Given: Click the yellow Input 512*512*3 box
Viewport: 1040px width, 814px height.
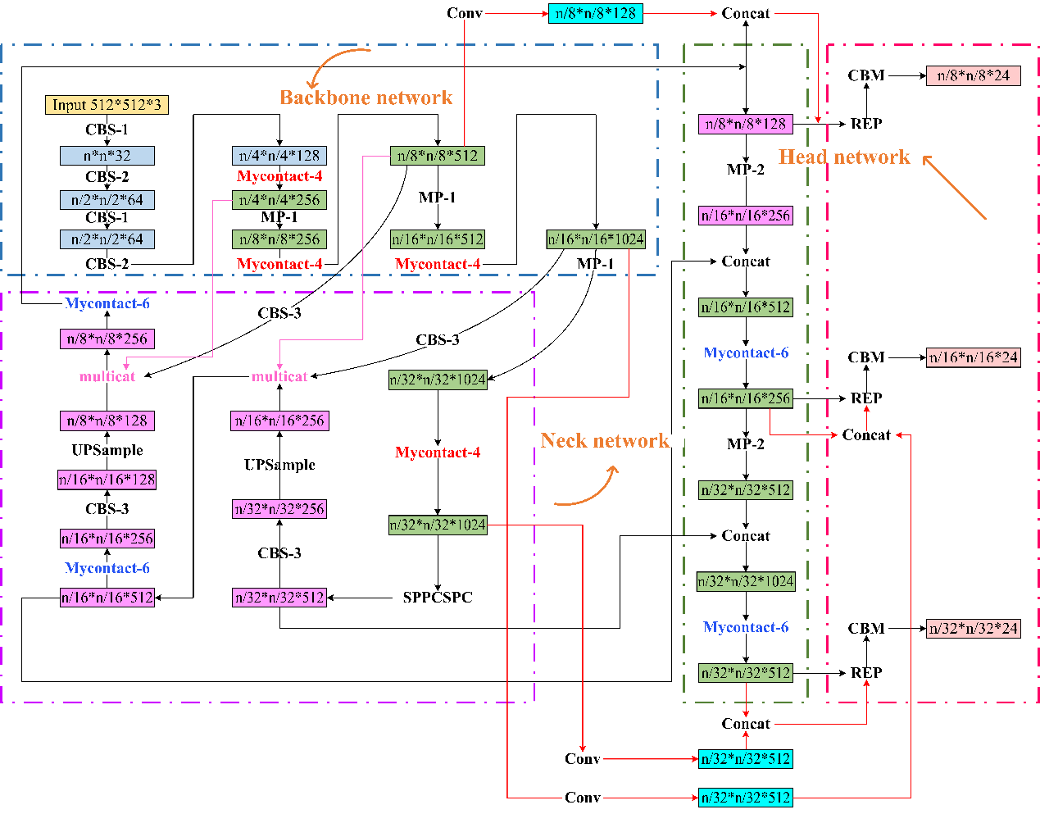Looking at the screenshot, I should (107, 105).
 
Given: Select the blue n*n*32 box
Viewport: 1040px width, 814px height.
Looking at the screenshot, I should (107, 156).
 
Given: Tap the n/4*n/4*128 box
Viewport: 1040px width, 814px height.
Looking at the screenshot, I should (279, 156).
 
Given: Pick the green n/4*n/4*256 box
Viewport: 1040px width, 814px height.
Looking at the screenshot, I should (279, 200).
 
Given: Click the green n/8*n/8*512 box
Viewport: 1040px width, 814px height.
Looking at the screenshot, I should (438, 156).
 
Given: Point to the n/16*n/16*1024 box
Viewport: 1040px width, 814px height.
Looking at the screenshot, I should (596, 239).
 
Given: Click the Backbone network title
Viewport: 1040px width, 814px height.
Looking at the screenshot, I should (366, 98).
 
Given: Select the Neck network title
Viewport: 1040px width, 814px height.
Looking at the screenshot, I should (605, 441).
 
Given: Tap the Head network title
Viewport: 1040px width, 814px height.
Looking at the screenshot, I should (844, 157).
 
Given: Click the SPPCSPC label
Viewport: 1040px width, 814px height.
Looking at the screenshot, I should (438, 598).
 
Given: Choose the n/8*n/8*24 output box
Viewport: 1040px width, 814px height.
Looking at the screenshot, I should (974, 75).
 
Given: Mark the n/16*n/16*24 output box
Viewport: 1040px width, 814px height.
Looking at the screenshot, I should (974, 357).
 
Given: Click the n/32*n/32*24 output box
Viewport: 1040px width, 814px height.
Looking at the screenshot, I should (974, 629).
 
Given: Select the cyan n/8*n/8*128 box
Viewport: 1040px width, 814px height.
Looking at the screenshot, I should (596, 13).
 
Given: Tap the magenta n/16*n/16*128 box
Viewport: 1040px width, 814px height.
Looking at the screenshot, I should (107, 480).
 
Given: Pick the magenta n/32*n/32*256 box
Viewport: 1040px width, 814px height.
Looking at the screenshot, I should (279, 509).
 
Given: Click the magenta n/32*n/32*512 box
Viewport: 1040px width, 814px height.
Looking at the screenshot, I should (279, 598).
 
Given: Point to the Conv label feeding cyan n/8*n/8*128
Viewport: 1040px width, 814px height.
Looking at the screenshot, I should (465, 13).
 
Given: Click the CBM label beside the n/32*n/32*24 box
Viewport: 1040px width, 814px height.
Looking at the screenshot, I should (866, 629).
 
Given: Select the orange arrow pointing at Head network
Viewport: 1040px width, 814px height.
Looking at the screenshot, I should (954, 188).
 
